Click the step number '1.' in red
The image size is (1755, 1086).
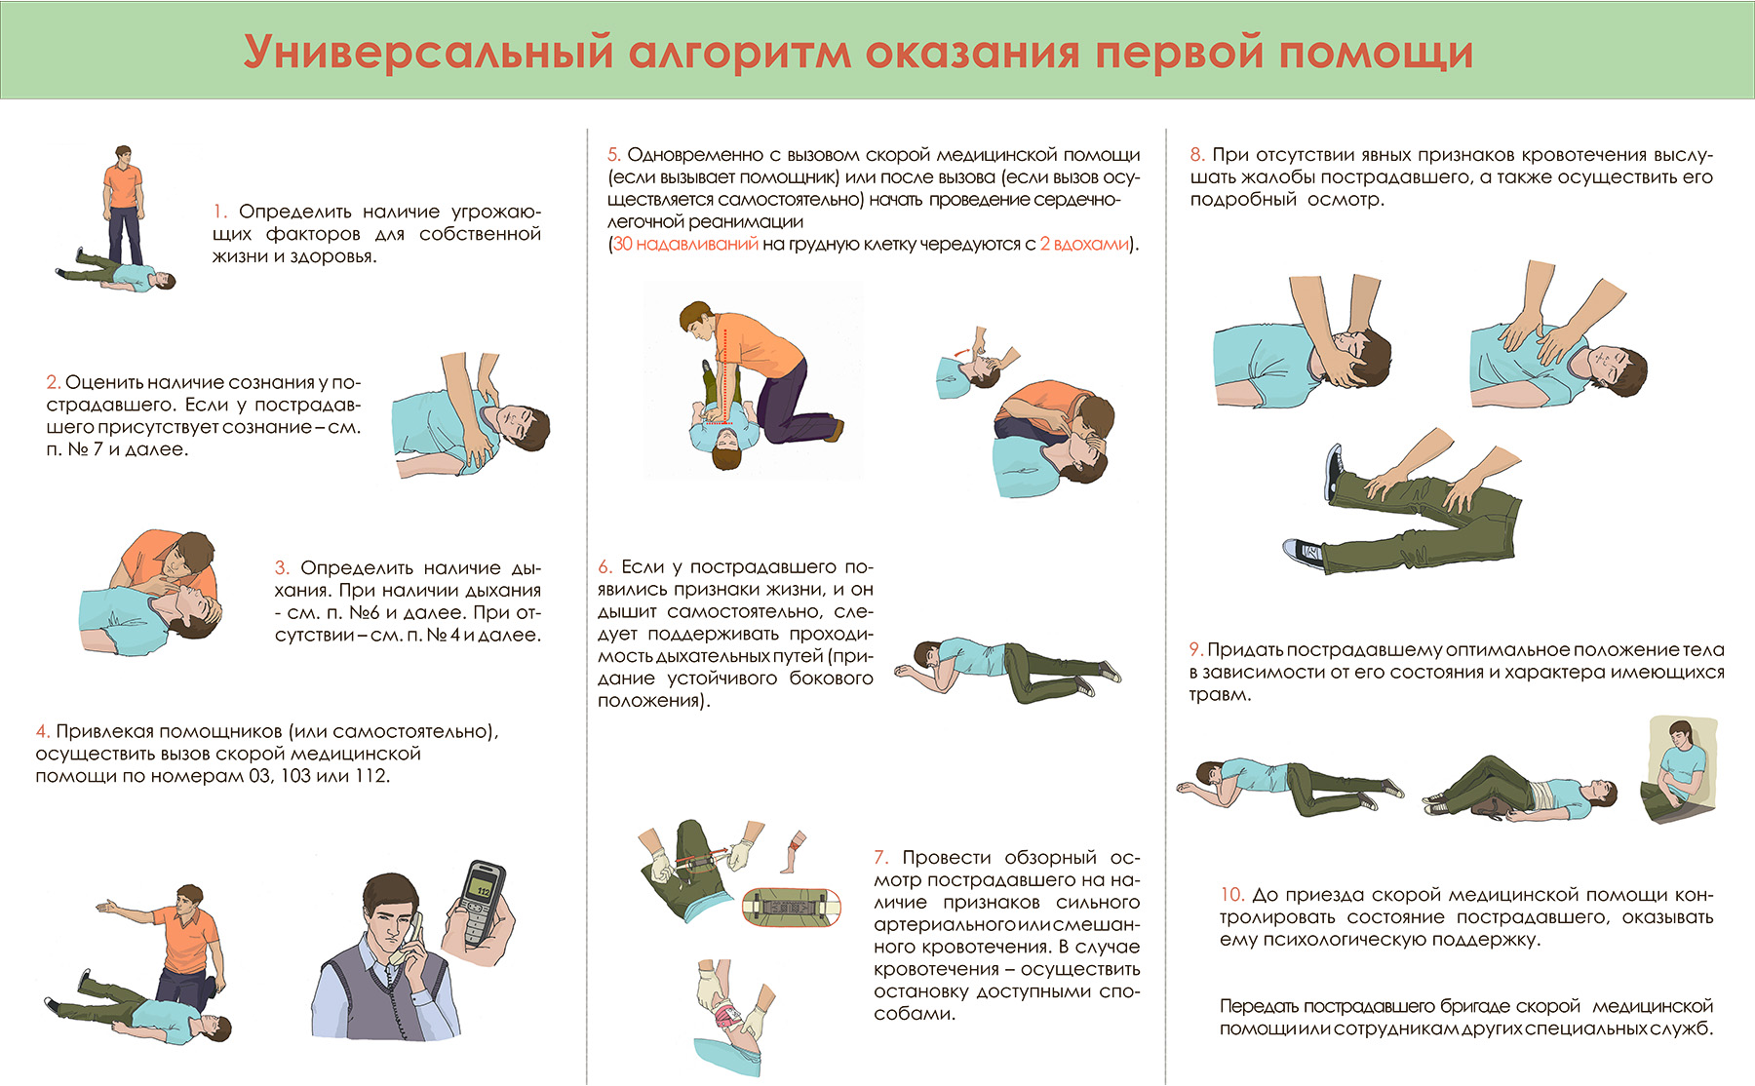[220, 212]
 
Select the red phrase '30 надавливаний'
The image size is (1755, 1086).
[685, 245]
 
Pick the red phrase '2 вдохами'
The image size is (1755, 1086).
[1083, 245]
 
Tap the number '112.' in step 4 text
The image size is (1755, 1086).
[371, 777]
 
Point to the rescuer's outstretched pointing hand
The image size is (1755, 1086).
[106, 908]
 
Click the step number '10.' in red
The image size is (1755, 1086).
[1231, 895]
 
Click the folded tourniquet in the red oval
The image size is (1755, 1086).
[791, 907]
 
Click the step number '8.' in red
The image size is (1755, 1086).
[1197, 155]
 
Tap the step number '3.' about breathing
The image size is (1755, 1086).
[282, 568]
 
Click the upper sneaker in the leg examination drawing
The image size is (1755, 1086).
[1334, 471]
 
